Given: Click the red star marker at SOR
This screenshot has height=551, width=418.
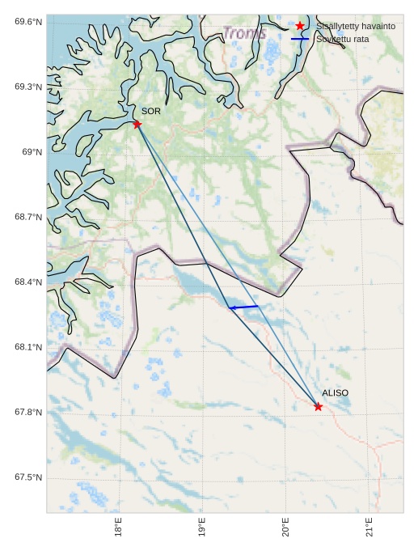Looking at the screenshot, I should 137,124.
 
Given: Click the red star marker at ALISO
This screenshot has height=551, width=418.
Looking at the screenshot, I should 318,406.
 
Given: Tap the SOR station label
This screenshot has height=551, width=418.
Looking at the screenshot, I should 151,111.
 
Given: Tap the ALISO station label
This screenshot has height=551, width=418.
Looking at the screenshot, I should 335,393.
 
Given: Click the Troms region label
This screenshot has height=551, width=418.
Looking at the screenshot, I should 244,33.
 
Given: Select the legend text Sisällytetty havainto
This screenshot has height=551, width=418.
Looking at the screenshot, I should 356,26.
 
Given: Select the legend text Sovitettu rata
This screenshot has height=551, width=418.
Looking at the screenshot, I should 344,39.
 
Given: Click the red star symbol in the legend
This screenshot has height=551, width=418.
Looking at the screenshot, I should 300,26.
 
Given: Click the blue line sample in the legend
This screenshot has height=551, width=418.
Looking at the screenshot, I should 300,39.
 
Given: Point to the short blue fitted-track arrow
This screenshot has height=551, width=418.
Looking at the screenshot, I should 243,307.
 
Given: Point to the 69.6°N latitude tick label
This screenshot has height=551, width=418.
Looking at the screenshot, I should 28,21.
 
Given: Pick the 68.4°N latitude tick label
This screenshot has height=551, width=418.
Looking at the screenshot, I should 28,282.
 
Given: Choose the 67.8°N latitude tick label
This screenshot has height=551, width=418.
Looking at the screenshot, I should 28,413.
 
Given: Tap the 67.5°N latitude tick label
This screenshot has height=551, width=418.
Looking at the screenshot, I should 28,477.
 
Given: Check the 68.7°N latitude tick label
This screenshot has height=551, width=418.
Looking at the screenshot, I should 28,217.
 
